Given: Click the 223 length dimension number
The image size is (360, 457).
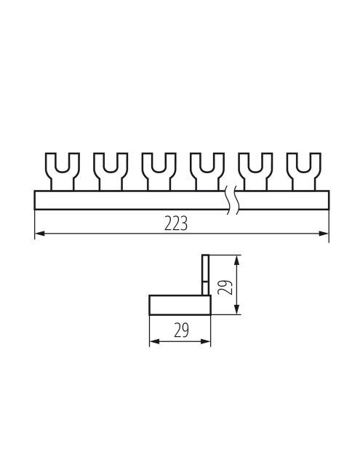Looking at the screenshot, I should pyautogui.click(x=176, y=223).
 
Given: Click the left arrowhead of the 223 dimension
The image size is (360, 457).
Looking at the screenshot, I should pyautogui.click(x=39, y=234).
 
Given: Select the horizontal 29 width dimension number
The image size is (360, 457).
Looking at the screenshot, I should pyautogui.click(x=180, y=331).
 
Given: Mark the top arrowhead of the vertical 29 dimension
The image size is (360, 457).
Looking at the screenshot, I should pyautogui.click(x=238, y=258).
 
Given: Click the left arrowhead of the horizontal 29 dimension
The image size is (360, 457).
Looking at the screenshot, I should pyautogui.click(x=153, y=341).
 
